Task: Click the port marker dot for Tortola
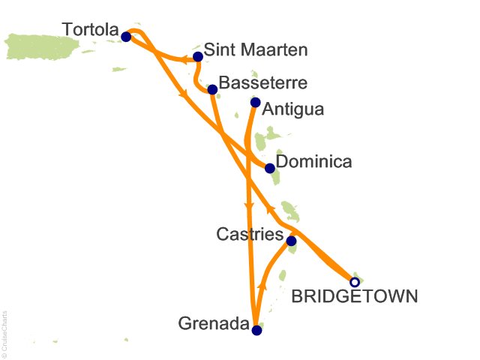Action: (126, 36)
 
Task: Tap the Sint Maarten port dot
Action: (198, 56)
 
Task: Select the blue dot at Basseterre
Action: (212, 90)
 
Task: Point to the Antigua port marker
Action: (256, 103)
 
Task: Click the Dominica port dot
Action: (270, 168)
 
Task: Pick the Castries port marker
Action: (291, 241)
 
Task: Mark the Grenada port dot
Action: (257, 330)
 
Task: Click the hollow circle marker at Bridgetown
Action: (355, 283)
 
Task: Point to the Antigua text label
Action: (295, 109)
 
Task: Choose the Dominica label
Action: (313, 162)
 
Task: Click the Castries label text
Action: (250, 235)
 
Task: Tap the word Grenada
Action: (214, 324)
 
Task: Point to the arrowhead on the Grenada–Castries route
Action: (262, 285)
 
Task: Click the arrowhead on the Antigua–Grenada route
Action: (248, 201)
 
